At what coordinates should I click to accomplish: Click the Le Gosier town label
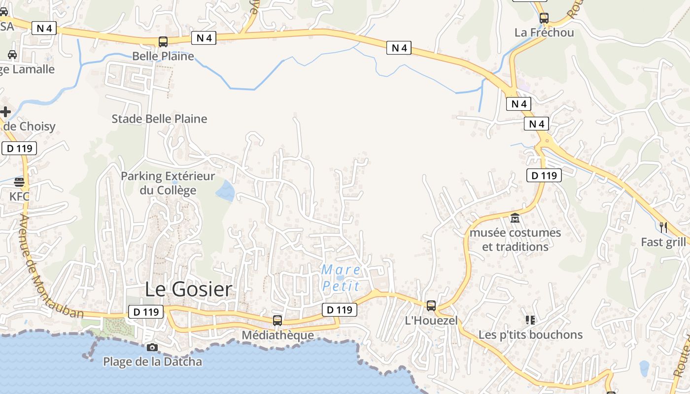188,290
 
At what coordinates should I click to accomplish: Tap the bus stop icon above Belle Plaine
163,42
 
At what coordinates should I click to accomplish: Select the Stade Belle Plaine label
159,119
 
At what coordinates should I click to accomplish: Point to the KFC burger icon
19,182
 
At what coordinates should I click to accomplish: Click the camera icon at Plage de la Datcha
152,347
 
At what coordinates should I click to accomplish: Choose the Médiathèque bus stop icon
277,321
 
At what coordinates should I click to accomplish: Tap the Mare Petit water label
341,278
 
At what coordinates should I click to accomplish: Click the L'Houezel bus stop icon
431,306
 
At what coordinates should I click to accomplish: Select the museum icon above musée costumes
515,218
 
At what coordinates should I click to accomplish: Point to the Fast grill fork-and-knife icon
663,227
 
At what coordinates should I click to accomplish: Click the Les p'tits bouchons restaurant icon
530,320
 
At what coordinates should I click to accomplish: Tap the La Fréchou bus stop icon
544,18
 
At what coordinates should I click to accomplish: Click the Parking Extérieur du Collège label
168,183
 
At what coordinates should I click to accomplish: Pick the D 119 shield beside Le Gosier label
145,312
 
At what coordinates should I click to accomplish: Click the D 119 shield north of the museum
544,175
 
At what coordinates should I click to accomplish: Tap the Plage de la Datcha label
152,361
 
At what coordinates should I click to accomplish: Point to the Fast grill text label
663,242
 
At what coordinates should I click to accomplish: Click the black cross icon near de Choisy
5,112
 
